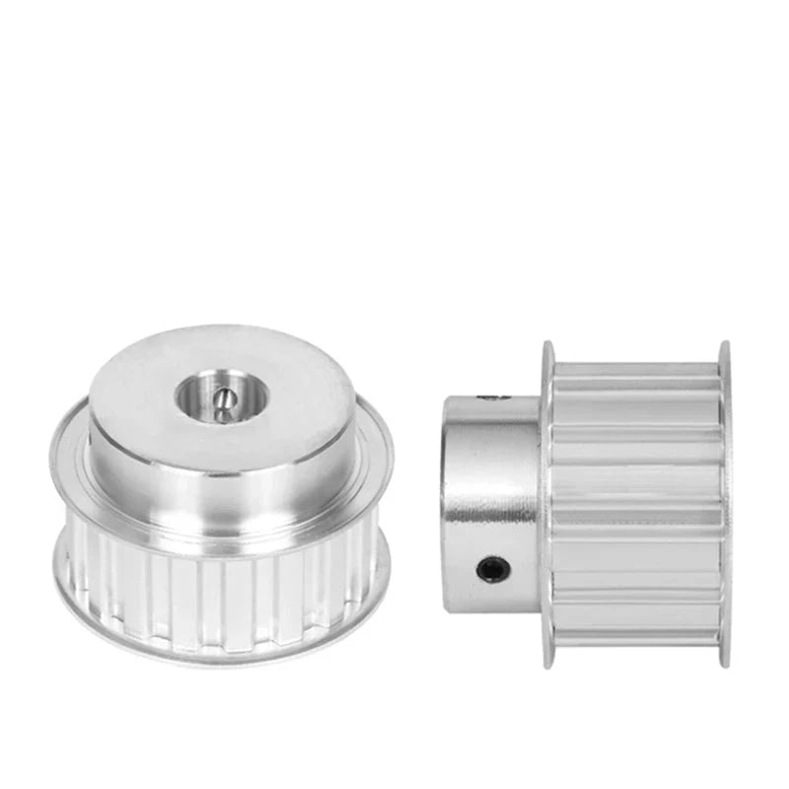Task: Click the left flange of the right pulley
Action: [546, 503]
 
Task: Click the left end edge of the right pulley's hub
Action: [446, 493]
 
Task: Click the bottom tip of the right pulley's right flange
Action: [725, 663]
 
